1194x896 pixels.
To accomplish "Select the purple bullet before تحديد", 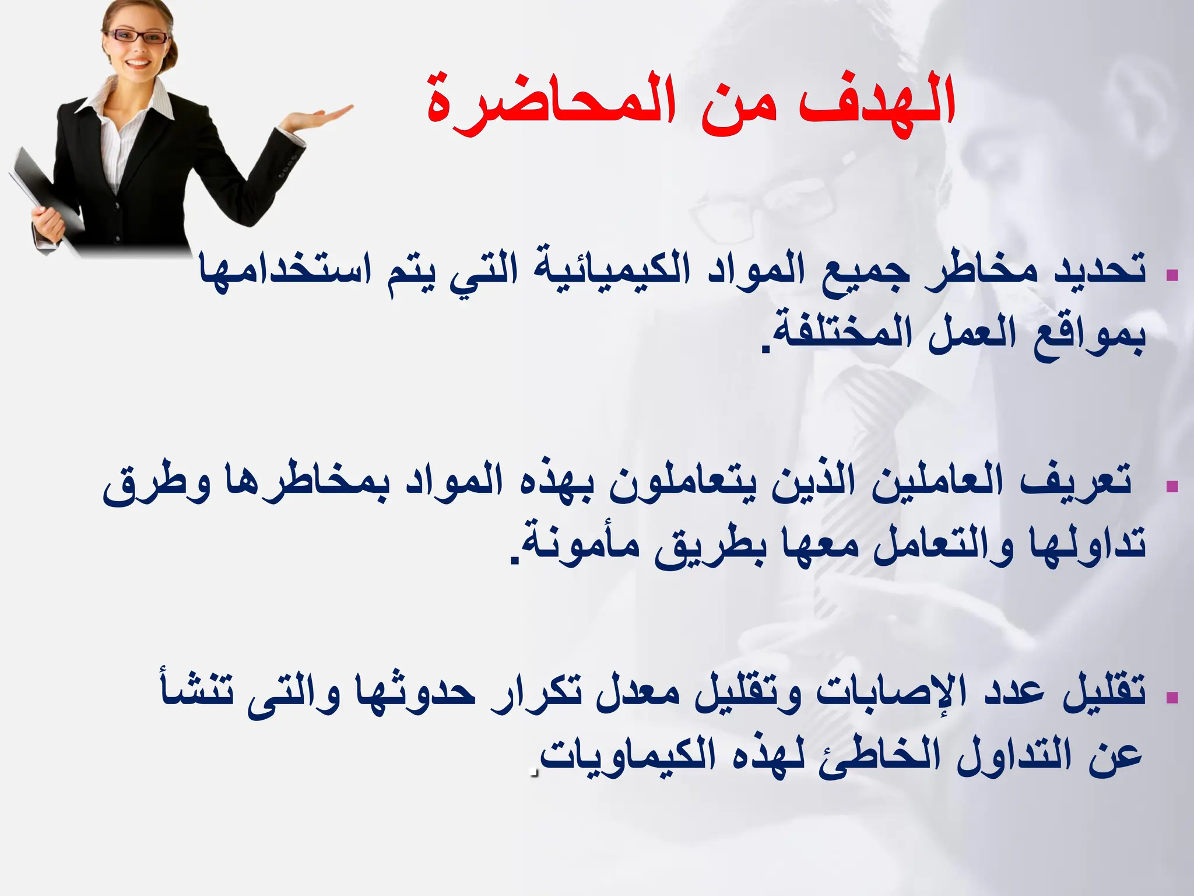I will (1172, 274).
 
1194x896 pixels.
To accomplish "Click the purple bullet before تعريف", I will (1172, 485).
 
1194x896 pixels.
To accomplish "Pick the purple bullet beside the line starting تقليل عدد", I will (1172, 696).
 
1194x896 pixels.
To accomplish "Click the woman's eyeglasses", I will (139, 36).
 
